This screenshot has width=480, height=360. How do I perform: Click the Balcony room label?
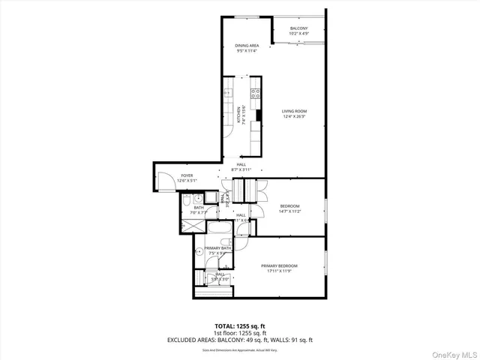pyautogui.click(x=299, y=28)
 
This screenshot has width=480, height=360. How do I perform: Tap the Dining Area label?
pyautogui.click(x=247, y=45)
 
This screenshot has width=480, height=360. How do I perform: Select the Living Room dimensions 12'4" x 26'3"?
pyautogui.click(x=294, y=116)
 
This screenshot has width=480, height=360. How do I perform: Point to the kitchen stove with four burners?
pyautogui.click(x=255, y=94)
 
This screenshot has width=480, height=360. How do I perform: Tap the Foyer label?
pyautogui.click(x=186, y=175)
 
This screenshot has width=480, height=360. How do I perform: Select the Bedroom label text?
pyautogui.click(x=289, y=206)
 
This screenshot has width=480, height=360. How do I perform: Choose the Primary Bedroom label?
pyautogui.click(x=279, y=265)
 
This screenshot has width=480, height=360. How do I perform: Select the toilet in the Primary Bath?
pyautogui.click(x=198, y=253)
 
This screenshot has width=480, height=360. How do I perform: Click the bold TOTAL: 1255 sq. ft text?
pyautogui.click(x=239, y=326)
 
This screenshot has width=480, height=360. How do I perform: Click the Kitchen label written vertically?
pyautogui.click(x=238, y=115)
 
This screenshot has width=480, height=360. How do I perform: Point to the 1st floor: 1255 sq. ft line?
pyautogui.click(x=239, y=333)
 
